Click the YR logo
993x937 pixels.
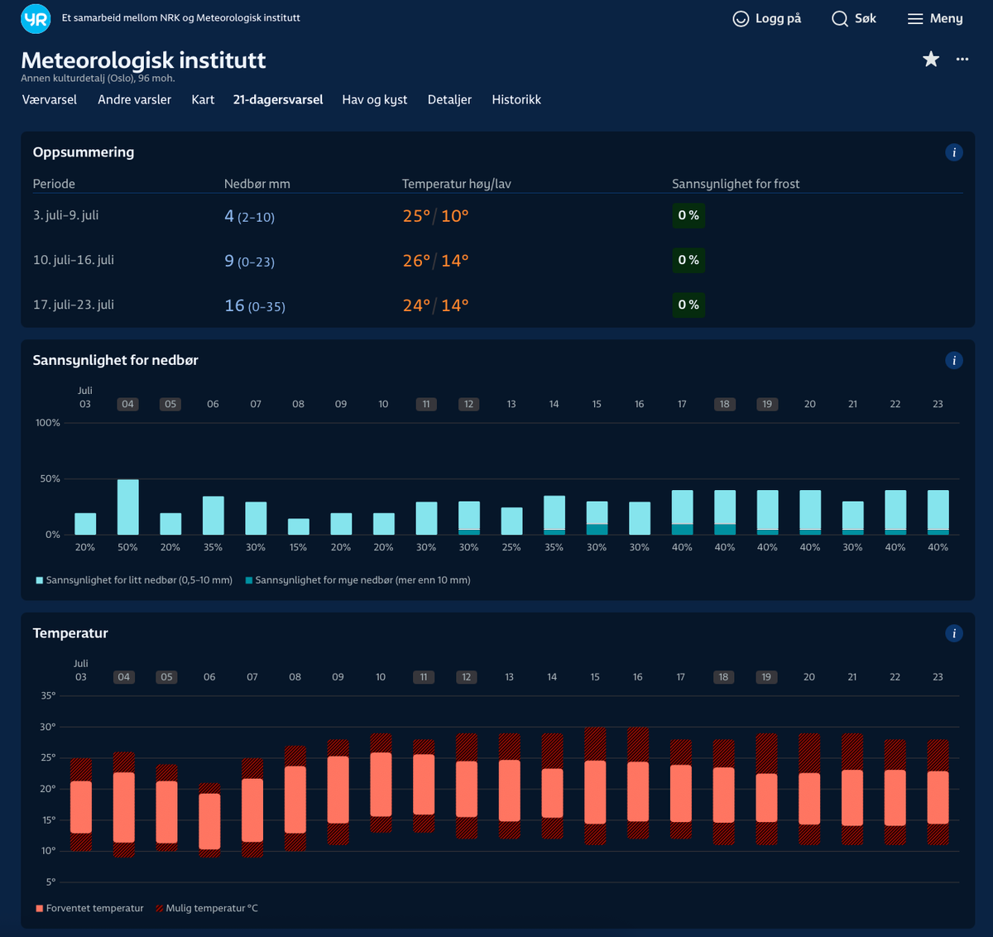tap(36, 18)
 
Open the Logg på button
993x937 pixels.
tap(766, 18)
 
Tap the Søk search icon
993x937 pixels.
tap(840, 19)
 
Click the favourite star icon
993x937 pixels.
tap(930, 59)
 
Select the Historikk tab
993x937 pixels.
tap(516, 99)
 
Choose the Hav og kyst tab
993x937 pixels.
tap(375, 99)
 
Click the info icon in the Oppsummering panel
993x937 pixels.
tap(953, 152)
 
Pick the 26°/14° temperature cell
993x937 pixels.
tap(435, 261)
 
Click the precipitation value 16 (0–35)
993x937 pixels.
tap(255, 305)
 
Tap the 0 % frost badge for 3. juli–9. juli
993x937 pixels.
tap(688, 215)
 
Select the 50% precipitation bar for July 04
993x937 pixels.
tap(128, 507)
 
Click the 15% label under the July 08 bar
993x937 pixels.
tap(298, 547)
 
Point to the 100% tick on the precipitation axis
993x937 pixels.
tap(47, 423)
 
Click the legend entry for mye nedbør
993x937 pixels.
tap(358, 580)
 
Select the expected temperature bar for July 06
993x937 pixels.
tap(209, 821)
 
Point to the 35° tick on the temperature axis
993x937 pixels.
tap(48, 695)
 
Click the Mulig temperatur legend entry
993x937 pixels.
tap(207, 908)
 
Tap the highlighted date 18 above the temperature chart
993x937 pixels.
tap(723, 677)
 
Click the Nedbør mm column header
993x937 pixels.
tap(257, 184)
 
